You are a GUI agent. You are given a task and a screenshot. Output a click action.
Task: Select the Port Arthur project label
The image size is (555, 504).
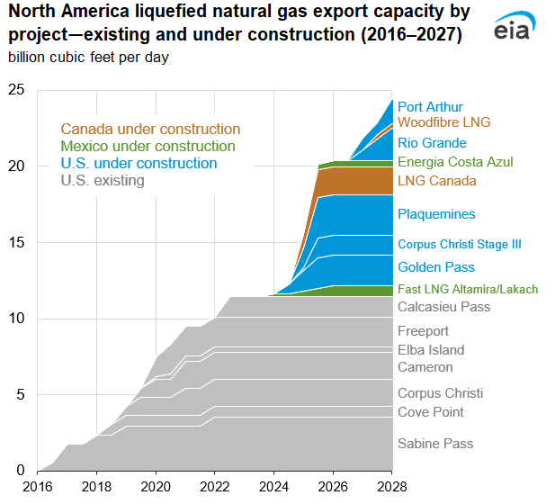pos(431,107)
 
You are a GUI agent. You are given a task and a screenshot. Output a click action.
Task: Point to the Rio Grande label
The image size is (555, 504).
pos(432,143)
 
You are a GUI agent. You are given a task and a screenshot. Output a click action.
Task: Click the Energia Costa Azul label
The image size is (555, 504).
pos(455,162)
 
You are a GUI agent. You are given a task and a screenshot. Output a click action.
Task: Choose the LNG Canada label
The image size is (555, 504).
pos(436,181)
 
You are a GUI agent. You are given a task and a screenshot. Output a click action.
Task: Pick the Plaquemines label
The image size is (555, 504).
pos(436,214)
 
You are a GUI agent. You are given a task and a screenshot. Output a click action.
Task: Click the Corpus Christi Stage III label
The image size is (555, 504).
pos(459,244)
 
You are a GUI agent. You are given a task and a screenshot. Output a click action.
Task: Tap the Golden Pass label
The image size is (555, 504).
pos(435,267)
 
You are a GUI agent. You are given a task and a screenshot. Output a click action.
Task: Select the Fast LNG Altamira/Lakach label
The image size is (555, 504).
pos(467,289)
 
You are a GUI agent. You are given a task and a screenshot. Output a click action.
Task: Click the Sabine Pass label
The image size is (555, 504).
pos(434,444)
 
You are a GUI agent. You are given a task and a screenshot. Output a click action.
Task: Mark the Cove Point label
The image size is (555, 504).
pos(431,412)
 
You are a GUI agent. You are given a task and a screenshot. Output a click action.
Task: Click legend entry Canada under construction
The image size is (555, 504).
pos(150,130)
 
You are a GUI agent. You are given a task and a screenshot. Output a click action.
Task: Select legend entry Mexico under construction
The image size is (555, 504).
pos(148,147)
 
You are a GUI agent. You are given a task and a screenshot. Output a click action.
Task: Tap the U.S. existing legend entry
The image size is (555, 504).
pos(102,181)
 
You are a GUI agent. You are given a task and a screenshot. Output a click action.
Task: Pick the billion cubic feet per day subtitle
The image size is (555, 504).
pos(88,58)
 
